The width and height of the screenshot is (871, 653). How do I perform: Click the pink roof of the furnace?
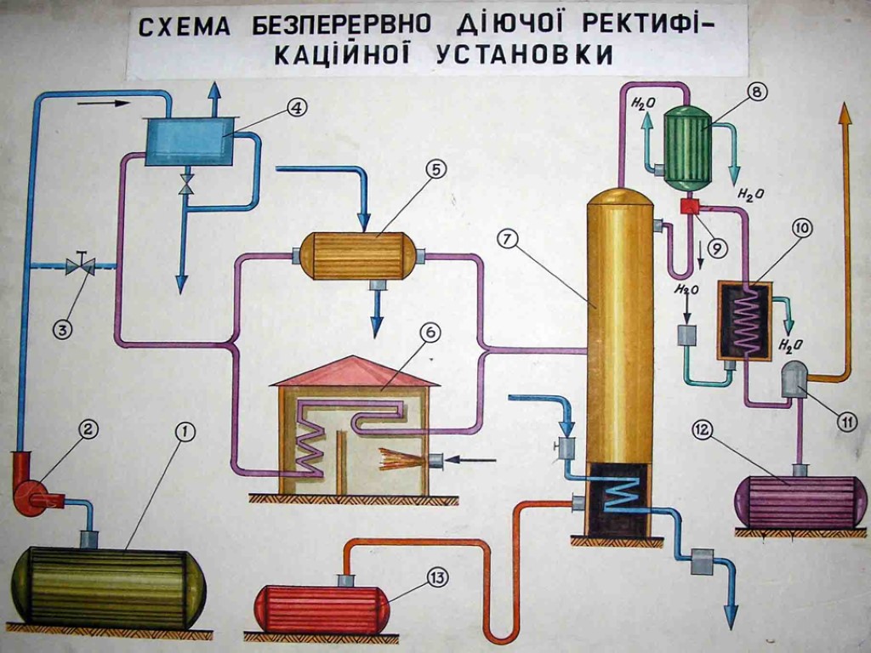[x=356, y=371]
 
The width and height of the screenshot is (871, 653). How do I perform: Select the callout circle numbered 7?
[x=508, y=239]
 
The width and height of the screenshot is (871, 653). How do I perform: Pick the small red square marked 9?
[x=689, y=206]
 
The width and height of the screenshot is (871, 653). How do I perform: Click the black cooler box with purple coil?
[x=744, y=321]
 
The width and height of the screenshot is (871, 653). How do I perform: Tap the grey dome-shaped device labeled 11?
[x=795, y=379]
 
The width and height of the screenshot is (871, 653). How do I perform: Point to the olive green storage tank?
[x=108, y=588]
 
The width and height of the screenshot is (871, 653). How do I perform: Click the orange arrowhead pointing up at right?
[x=845, y=114]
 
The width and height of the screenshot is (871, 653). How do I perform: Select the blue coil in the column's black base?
[x=625, y=493]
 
